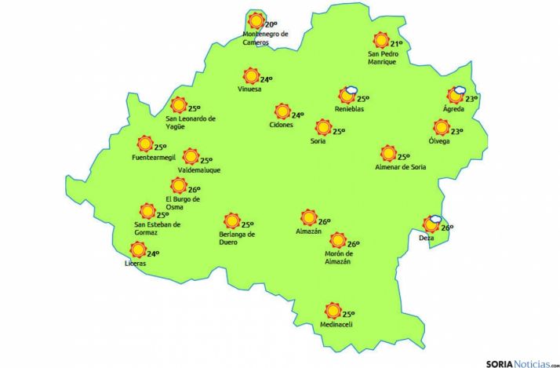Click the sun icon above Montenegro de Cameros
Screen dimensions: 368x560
pos(255,22)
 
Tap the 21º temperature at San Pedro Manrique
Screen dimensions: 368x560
pos(396,44)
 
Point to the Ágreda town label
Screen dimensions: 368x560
pos(453,109)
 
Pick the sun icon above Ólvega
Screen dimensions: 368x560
pos(442,128)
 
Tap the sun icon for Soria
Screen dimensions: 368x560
pos(322,127)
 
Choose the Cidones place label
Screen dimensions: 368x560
pos(281,126)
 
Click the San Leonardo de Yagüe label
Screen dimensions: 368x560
pos(191,122)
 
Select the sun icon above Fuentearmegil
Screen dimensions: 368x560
pos(144,144)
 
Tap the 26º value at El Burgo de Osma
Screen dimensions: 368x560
pos(195,189)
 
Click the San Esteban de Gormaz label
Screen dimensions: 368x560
pos(158,228)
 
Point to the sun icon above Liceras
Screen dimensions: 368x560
pos(138,250)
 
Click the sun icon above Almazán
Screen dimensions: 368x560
pos(308,217)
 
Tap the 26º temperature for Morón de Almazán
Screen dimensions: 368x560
pos(353,244)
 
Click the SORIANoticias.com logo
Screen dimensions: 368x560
pos(518,363)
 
